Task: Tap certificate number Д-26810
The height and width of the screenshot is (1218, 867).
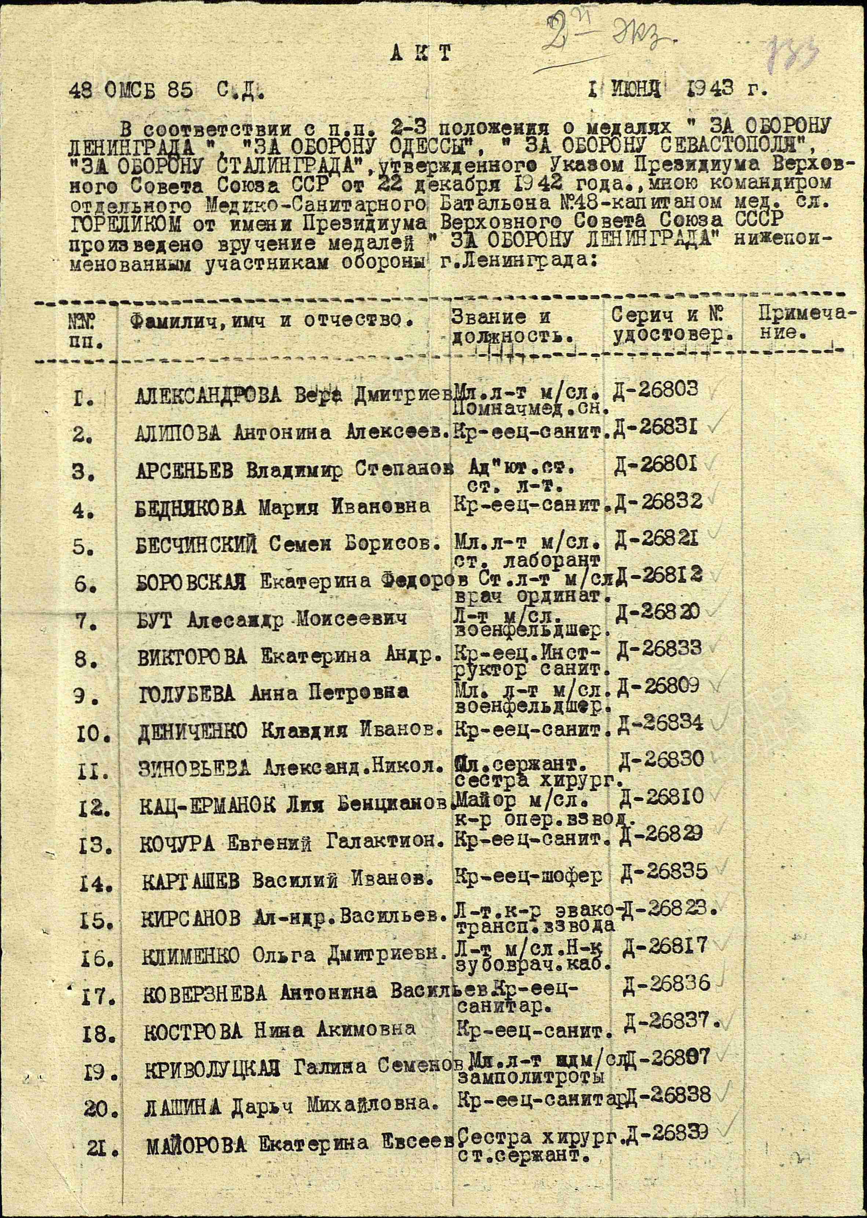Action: [x=662, y=797]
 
